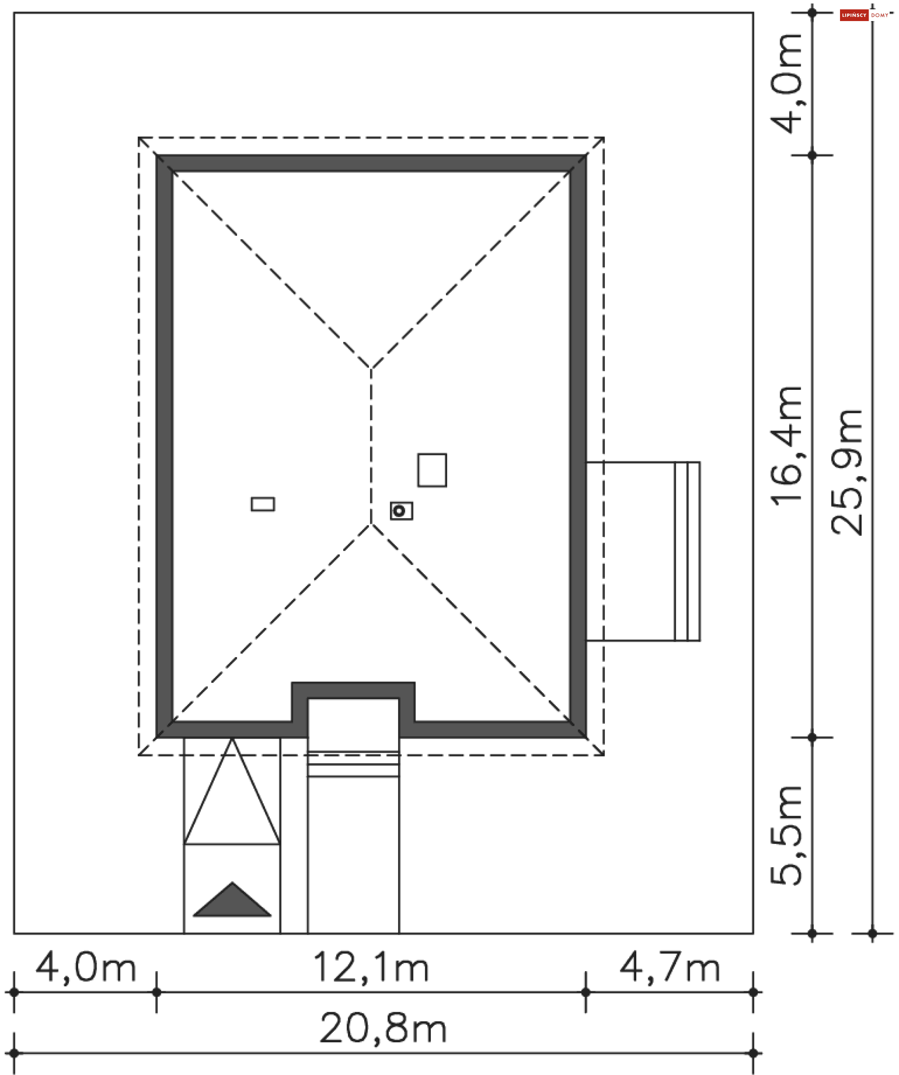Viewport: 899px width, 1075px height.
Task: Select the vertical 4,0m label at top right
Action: [x=786, y=83]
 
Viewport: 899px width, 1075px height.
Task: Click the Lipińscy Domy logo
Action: [x=865, y=15]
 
